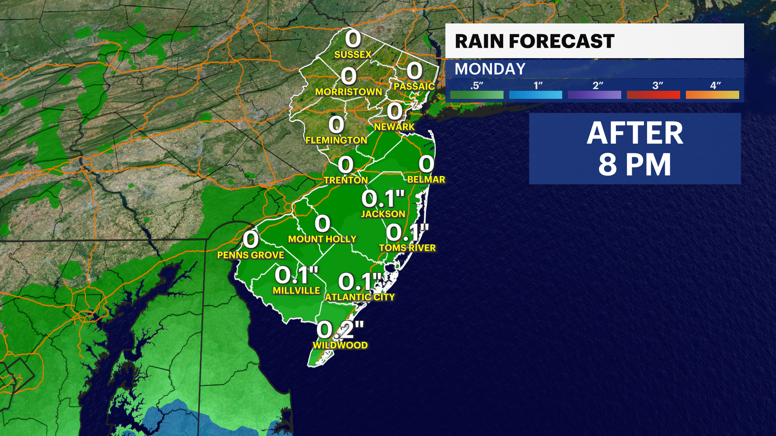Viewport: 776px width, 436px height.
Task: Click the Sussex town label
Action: coord(352,55)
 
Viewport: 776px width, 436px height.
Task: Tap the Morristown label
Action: coord(348,92)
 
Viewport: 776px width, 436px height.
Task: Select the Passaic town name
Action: coord(414,86)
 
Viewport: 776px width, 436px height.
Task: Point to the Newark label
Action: coord(394,127)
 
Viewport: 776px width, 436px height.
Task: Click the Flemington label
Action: coord(336,140)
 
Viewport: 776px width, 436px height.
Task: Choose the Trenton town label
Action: coord(346,180)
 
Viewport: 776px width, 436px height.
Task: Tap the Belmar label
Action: coord(426,179)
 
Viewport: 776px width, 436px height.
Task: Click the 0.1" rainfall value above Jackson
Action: coord(383,199)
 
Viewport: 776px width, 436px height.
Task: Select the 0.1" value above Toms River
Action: coord(407,233)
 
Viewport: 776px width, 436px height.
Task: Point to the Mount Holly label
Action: coord(322,239)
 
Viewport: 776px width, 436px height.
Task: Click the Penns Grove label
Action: coord(251,255)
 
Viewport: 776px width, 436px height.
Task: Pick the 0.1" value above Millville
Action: coord(296,275)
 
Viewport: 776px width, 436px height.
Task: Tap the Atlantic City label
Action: coord(360,297)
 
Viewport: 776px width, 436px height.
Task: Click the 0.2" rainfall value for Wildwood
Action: coord(340,330)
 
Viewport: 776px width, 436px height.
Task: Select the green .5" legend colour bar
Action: coord(477,95)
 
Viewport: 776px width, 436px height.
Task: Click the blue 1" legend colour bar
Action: coord(536,95)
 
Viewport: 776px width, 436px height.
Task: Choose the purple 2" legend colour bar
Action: coord(594,95)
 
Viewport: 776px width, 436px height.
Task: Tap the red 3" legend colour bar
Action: coord(653,95)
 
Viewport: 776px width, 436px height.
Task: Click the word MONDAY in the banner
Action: coord(490,69)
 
